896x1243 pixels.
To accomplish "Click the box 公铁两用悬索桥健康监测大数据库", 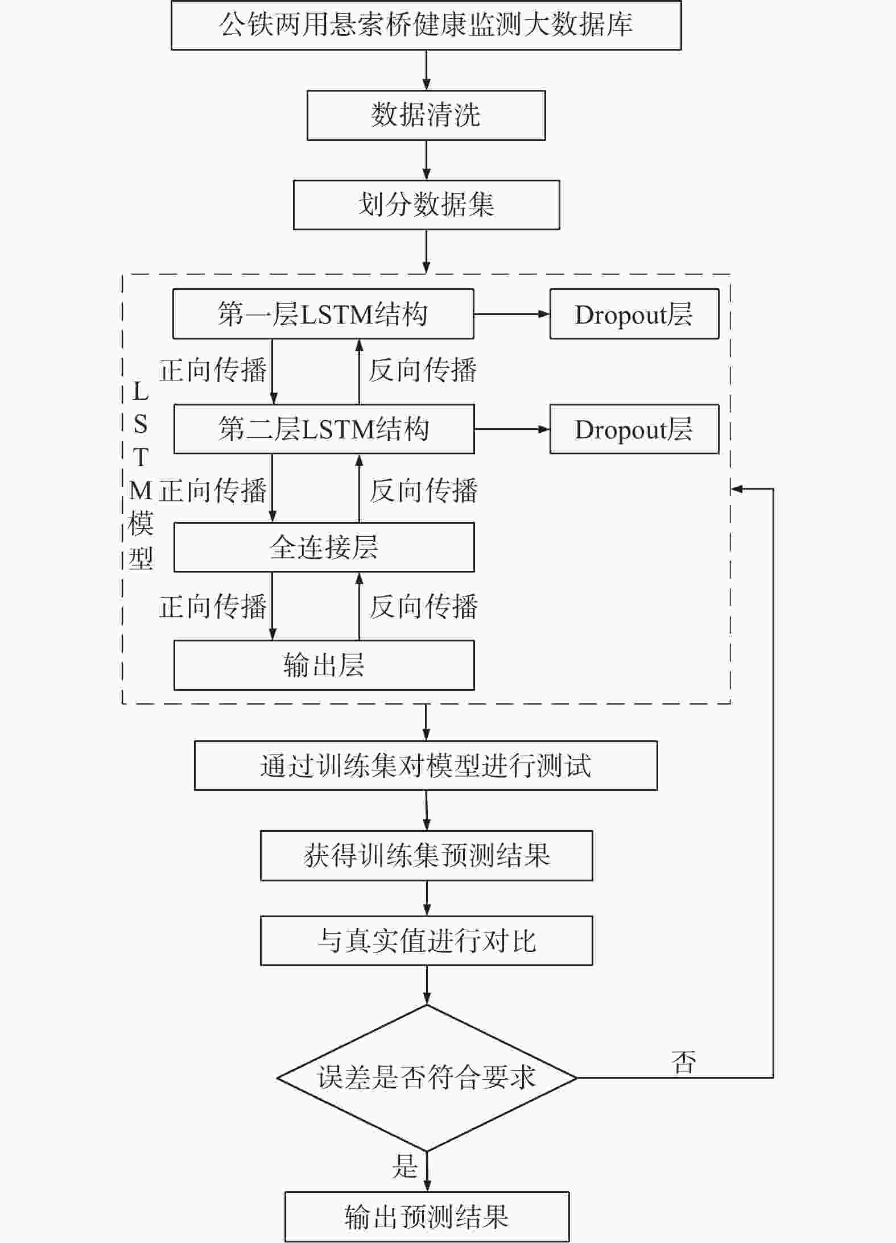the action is [x=426, y=25].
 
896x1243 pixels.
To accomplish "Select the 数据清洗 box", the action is [x=426, y=115].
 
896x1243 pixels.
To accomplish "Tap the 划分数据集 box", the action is [x=426, y=205].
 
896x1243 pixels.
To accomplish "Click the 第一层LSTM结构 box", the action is [x=323, y=314].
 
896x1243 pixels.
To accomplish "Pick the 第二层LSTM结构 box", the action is [x=324, y=429].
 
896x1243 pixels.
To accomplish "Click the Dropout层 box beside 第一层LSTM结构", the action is [x=634, y=314].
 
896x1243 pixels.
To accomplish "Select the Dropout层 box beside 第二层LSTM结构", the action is [x=634, y=429].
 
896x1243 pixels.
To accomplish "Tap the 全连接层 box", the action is [x=324, y=547].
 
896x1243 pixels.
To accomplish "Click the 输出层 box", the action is [x=324, y=665].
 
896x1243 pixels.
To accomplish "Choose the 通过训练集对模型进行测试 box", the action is [x=426, y=765].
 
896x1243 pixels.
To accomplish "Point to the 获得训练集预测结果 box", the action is [x=426, y=855].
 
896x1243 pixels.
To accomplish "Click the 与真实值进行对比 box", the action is [x=426, y=940].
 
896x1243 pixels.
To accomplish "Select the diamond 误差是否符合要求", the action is [x=427, y=1078].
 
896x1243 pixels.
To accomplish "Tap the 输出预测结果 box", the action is [x=427, y=1217].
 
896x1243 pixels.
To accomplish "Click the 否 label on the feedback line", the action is [x=683, y=1062].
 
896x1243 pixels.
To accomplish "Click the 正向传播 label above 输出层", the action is [x=213, y=606].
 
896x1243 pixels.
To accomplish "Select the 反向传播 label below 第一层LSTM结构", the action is [x=423, y=370].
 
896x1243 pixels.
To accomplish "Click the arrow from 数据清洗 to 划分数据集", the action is [x=426, y=160].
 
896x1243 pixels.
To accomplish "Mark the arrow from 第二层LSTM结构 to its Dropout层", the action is [x=512, y=429].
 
